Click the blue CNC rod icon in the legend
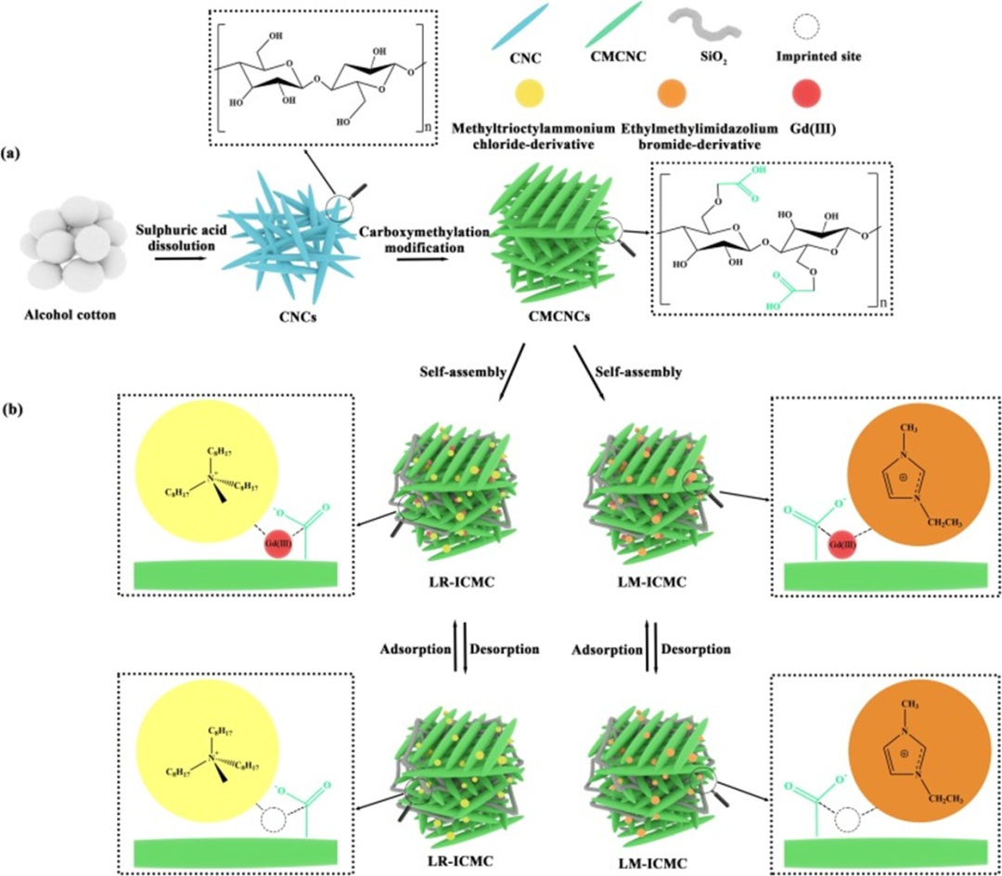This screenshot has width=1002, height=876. tap(521, 28)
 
